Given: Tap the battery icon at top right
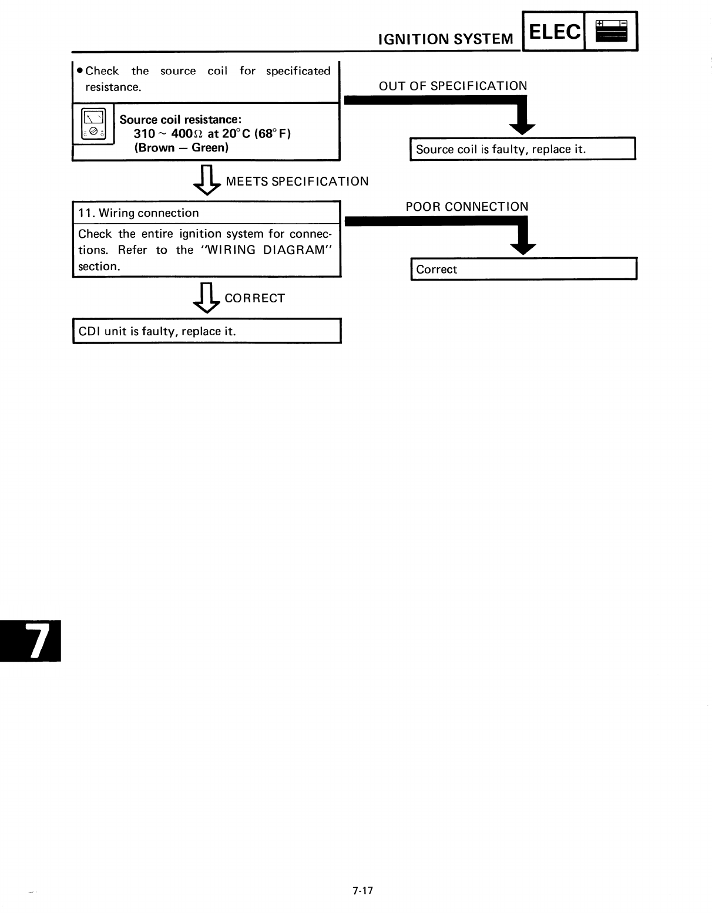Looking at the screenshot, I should (611, 31).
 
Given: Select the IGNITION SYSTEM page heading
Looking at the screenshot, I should (446, 39).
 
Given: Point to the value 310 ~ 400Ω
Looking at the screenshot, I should (169, 133).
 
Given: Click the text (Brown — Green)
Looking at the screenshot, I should (181, 148).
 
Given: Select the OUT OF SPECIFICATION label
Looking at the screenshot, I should (453, 86).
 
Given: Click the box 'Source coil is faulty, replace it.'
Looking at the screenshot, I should (522, 149).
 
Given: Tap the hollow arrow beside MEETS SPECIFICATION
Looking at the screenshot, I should (206, 180).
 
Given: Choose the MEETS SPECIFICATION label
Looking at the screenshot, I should (297, 181).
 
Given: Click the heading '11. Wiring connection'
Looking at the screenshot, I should (139, 213).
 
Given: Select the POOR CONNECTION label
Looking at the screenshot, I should (467, 207).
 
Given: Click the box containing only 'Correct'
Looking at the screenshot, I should (523, 269).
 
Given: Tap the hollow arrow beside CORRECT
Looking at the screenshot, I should (206, 298).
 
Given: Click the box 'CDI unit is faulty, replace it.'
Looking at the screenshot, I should (207, 331).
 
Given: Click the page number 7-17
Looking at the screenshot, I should (363, 891).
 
